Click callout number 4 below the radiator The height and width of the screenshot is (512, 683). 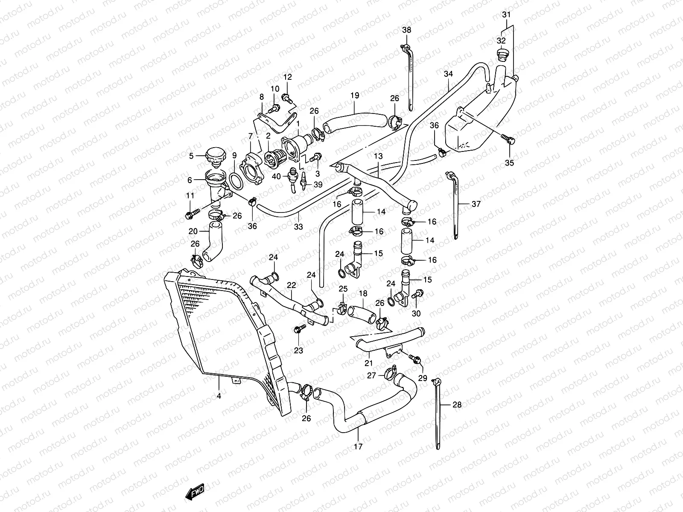tap(219, 396)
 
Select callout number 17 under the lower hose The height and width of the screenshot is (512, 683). tap(358, 447)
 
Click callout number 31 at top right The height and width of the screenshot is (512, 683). tap(506, 15)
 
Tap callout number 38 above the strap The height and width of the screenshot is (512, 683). tap(406, 30)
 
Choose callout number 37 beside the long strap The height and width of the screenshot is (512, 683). tap(476, 204)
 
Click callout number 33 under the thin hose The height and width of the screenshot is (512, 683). tap(298, 227)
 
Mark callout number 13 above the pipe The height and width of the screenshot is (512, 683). tap(378, 156)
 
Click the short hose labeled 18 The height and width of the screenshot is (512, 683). tap(361, 315)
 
